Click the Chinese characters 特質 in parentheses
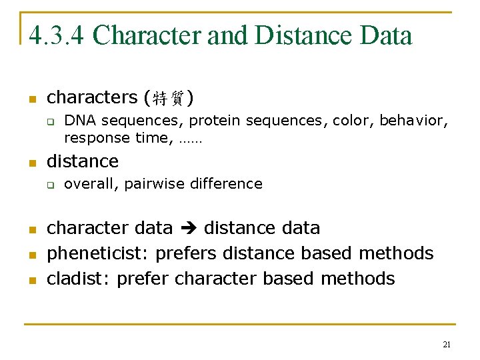(169, 99)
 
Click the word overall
(91, 184)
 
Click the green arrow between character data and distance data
(188, 229)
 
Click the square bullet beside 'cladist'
(31, 279)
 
